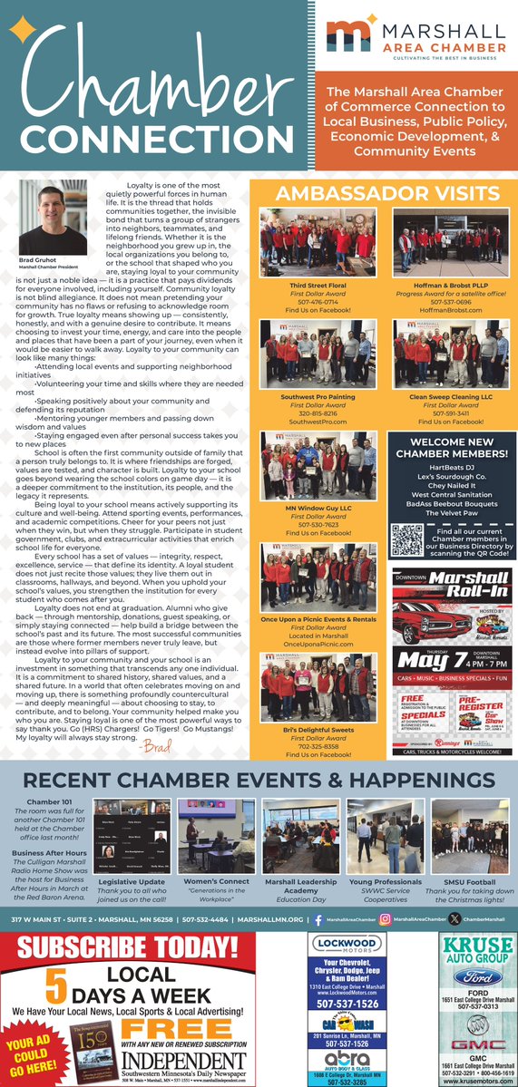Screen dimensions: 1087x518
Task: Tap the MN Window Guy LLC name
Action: (318, 509)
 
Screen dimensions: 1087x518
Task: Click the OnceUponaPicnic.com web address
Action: (318, 645)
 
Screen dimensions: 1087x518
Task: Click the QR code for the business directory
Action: (407, 540)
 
